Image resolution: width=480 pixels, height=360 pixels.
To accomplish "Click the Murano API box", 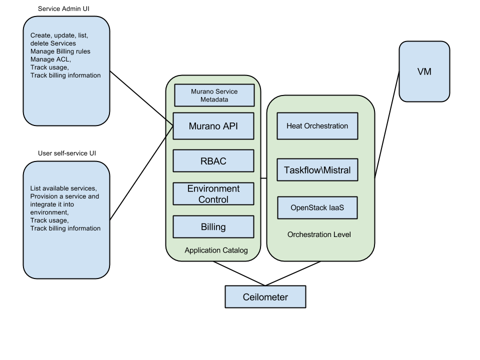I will click(213, 126).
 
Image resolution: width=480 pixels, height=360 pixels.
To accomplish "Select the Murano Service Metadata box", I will click(214, 95).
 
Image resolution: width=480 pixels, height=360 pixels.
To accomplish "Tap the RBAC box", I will click(213, 161).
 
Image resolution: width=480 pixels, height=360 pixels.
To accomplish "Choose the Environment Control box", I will click(213, 194).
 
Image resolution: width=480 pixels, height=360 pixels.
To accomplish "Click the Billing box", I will click(213, 227).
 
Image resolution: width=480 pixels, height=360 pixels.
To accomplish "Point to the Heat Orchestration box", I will click(317, 126).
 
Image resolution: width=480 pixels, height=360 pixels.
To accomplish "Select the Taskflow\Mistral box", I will click(317, 170).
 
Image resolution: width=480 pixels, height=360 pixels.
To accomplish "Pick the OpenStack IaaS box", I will click(317, 207).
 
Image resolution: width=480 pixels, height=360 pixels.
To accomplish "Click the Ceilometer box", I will click(265, 297).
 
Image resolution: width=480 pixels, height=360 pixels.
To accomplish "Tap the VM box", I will click(424, 71).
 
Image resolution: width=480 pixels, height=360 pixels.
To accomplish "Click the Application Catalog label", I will click(216, 250).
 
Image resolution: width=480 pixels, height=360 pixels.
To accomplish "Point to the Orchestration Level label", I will click(319, 234).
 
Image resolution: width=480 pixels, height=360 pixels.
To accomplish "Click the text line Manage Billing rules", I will click(60, 51).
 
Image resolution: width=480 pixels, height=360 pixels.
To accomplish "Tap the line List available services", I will click(63, 188).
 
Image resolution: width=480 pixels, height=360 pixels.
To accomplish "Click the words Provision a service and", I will click(64, 196).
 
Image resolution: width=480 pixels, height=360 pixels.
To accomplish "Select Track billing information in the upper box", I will click(65, 75).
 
